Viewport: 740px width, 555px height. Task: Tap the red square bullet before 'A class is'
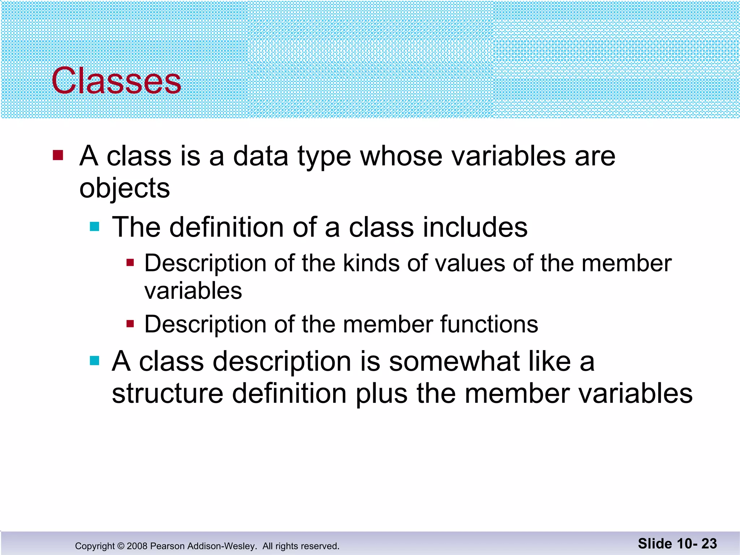58,155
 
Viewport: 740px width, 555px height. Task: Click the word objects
124,188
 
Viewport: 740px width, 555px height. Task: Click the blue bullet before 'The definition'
94,227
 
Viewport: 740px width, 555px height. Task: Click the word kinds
371,263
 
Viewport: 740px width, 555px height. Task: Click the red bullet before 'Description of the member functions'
130,323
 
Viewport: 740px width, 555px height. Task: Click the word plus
382,394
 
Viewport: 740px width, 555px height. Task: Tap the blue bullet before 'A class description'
94,361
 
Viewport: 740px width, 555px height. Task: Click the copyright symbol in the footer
121,546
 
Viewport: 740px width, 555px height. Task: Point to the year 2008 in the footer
137,546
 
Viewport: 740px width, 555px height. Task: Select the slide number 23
709,543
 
